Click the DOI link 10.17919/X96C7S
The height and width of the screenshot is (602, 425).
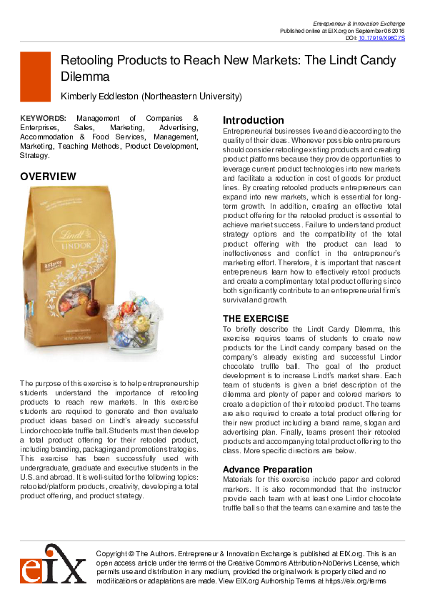(x=381, y=38)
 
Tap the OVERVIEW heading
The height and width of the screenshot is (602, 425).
(x=48, y=176)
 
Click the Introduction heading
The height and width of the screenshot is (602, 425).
(x=254, y=120)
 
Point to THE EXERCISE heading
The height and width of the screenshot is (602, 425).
(x=256, y=318)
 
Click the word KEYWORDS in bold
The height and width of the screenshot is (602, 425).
(x=43, y=118)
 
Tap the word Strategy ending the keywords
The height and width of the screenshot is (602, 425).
(x=34, y=155)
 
